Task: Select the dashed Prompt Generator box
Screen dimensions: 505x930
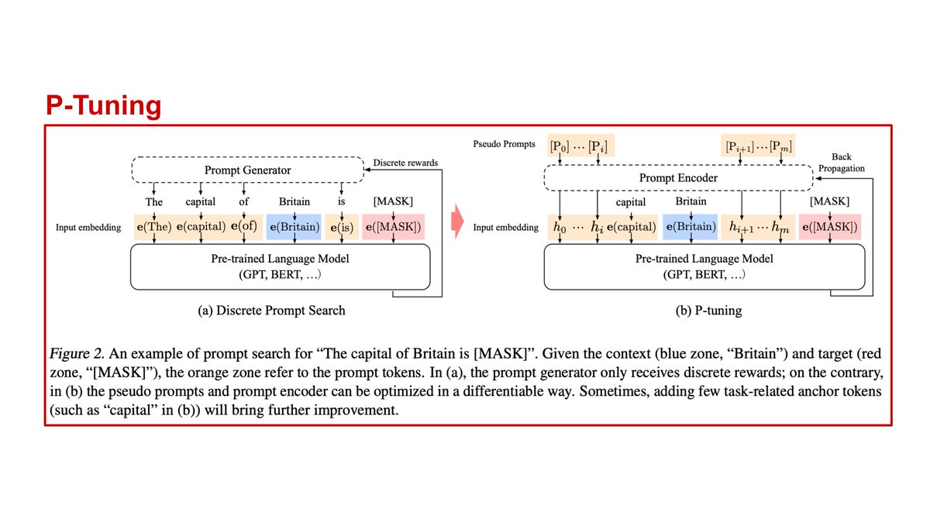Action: click(x=249, y=170)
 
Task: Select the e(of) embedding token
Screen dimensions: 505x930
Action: click(x=244, y=227)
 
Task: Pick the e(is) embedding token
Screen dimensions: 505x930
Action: click(x=341, y=227)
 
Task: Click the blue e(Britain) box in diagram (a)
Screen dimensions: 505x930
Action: click(x=293, y=227)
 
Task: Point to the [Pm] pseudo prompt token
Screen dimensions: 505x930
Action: click(x=780, y=146)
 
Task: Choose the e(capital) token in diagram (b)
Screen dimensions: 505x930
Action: click(x=630, y=227)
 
